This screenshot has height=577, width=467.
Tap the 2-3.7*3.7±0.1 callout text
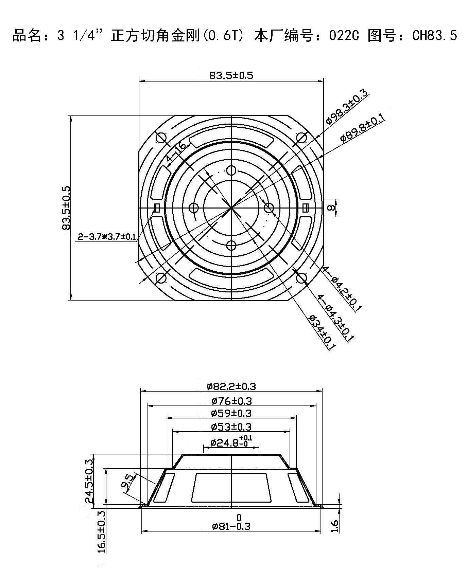coord(107,237)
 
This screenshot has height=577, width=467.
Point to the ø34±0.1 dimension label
coord(322,332)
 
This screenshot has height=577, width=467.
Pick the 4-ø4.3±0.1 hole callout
coord(336,317)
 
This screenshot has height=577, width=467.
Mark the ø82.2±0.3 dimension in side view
coord(231,386)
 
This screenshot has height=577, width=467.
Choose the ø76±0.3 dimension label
coord(231,401)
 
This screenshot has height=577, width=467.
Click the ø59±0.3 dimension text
coord(231,413)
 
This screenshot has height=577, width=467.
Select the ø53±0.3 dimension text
coord(231,427)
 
